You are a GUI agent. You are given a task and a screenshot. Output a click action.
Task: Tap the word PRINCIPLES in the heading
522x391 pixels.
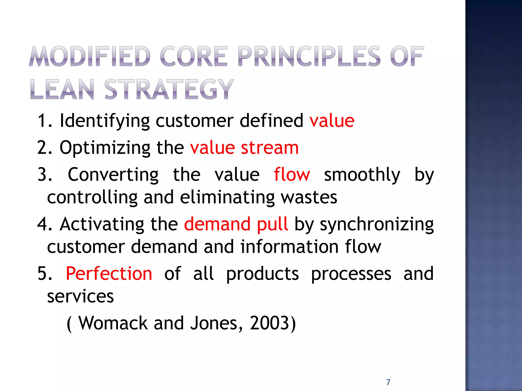click(309, 56)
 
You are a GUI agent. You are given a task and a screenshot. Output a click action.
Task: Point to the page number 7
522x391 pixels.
click(388, 382)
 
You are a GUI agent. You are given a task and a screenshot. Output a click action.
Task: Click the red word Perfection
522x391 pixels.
click(109, 274)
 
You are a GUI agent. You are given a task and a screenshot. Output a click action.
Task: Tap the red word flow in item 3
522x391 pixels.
click(292, 175)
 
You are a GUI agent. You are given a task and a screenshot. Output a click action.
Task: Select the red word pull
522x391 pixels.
click(272, 224)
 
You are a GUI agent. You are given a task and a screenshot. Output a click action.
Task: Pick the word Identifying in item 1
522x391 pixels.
click(105, 121)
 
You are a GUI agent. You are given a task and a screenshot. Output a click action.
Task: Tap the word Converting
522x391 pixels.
click(113, 175)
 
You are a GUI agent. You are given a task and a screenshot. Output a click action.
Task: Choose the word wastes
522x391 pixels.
click(309, 198)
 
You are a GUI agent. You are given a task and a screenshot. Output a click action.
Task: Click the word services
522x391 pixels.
click(81, 296)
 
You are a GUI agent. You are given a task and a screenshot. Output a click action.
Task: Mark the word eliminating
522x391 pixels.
click(227, 198)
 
